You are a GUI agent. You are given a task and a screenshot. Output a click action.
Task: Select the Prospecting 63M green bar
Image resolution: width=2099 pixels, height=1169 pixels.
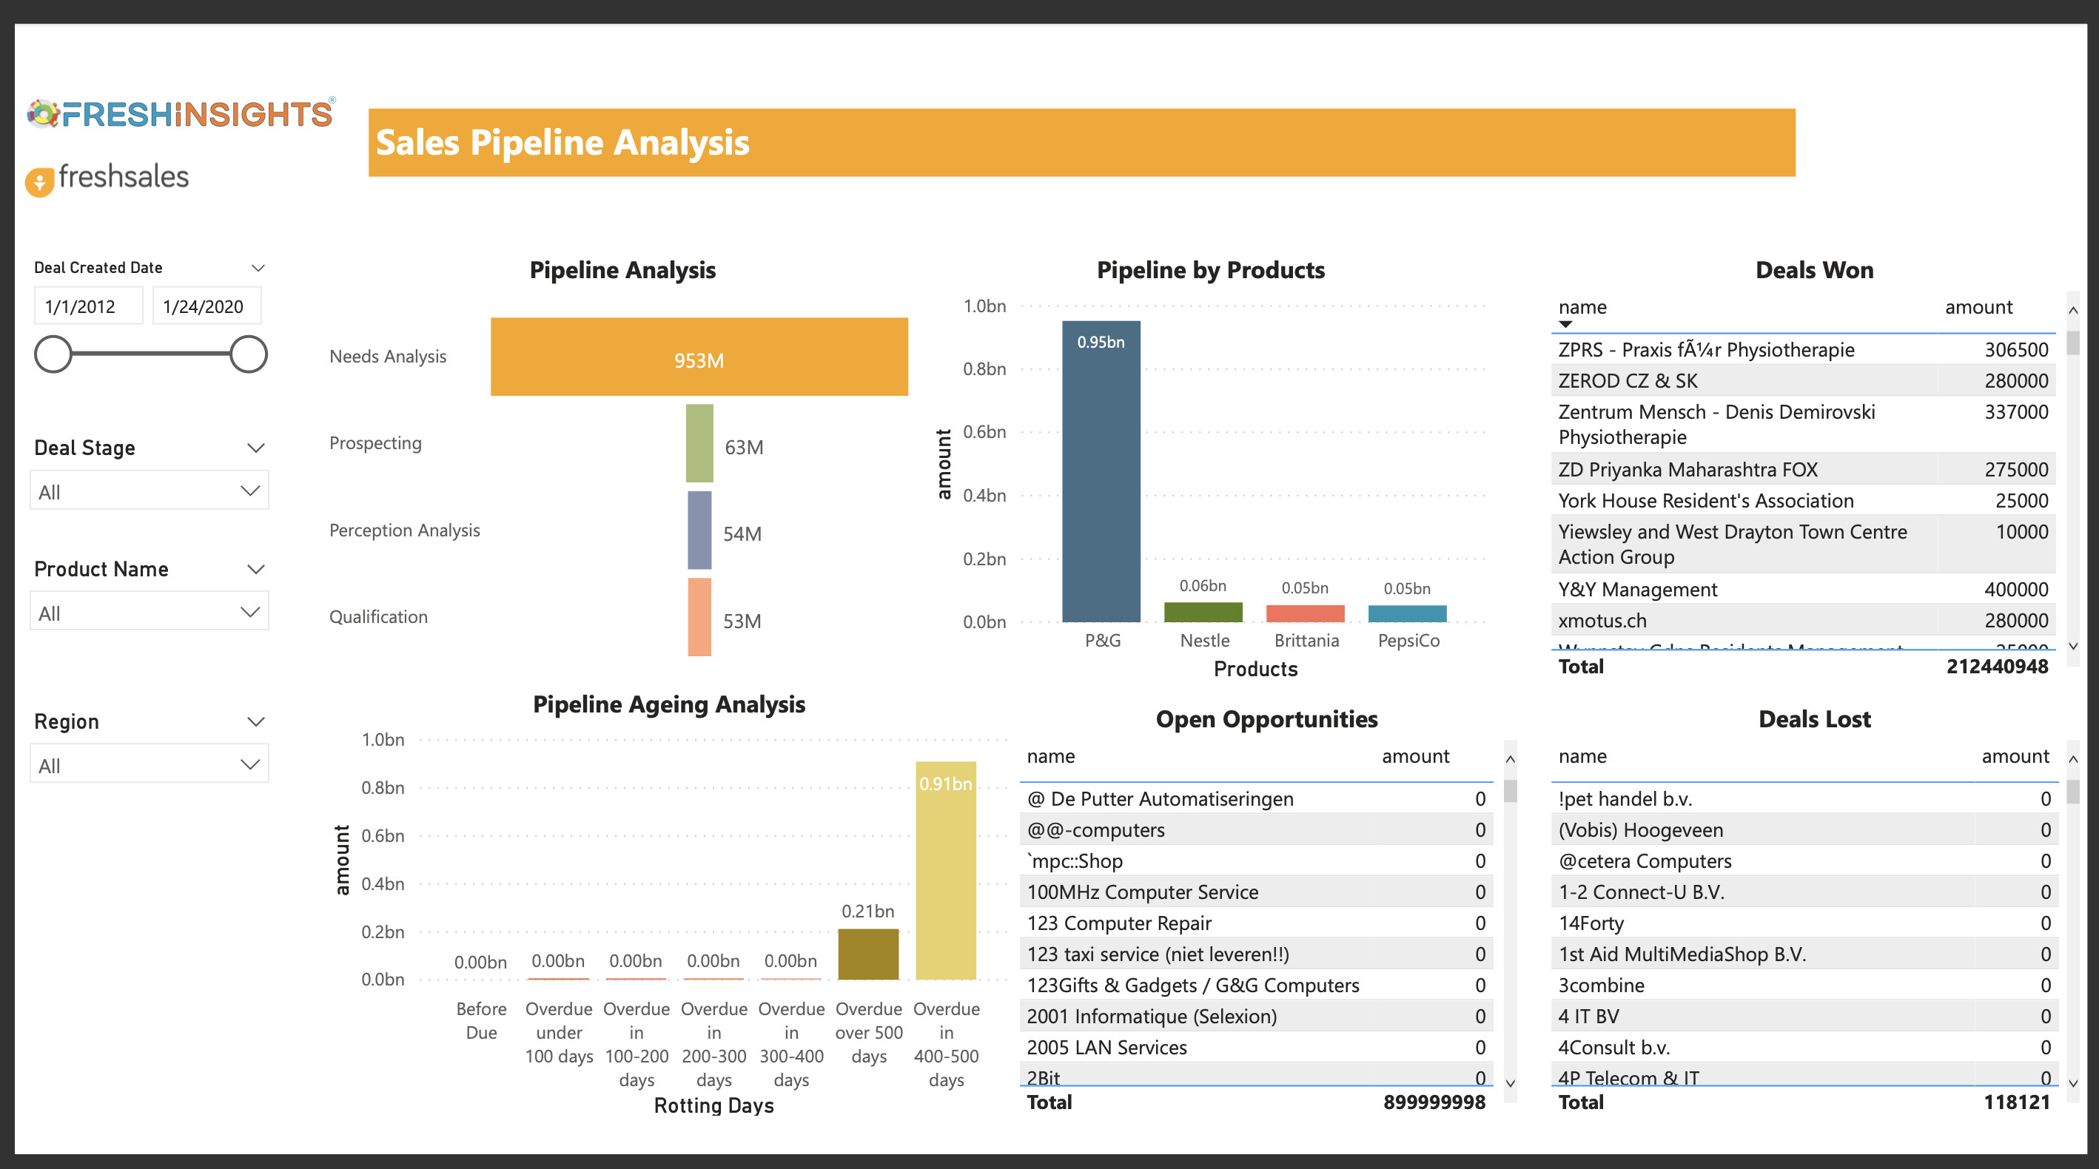[x=699, y=443]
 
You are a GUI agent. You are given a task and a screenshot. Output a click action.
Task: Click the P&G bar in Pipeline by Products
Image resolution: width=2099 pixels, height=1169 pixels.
[x=1101, y=473]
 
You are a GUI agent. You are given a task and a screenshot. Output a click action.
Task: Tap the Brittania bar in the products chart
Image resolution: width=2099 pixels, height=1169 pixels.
[x=1305, y=613]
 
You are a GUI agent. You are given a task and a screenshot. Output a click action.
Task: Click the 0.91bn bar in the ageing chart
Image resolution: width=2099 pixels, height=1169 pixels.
[x=945, y=872]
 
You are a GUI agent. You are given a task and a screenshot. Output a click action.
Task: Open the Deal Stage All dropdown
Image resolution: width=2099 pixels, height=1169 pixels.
[x=149, y=491]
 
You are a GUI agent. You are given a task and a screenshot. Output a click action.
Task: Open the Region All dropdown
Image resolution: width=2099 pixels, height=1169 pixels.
[x=149, y=765]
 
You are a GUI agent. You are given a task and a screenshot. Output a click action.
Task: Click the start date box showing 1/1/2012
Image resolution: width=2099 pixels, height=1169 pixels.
[x=88, y=306]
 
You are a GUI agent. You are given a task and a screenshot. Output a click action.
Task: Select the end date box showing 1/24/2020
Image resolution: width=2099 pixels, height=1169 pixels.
[x=206, y=306]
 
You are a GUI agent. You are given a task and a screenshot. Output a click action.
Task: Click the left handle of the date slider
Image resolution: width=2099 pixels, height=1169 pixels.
[x=54, y=354]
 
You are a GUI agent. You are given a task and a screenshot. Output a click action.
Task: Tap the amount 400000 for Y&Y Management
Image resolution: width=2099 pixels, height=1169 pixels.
[x=2015, y=589]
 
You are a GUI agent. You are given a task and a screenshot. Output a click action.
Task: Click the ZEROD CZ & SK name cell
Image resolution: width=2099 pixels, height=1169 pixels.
[x=1628, y=380]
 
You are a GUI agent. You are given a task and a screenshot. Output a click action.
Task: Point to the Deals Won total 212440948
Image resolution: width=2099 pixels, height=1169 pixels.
[x=1996, y=667]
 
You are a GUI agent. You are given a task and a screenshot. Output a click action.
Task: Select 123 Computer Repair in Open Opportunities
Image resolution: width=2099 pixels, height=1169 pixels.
[x=1119, y=923]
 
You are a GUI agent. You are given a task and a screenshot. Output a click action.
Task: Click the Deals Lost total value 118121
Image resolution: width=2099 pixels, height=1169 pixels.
[x=2016, y=1102]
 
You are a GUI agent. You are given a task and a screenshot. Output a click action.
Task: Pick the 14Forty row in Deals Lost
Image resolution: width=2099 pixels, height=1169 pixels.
[x=1591, y=923]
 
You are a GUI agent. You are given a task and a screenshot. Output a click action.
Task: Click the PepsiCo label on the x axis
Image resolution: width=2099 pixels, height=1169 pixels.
[x=1408, y=640]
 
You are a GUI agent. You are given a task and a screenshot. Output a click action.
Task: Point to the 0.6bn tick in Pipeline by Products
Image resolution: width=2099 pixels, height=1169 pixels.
[x=984, y=432]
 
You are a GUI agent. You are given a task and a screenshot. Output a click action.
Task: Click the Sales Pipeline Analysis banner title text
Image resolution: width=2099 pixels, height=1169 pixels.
[x=562, y=143]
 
